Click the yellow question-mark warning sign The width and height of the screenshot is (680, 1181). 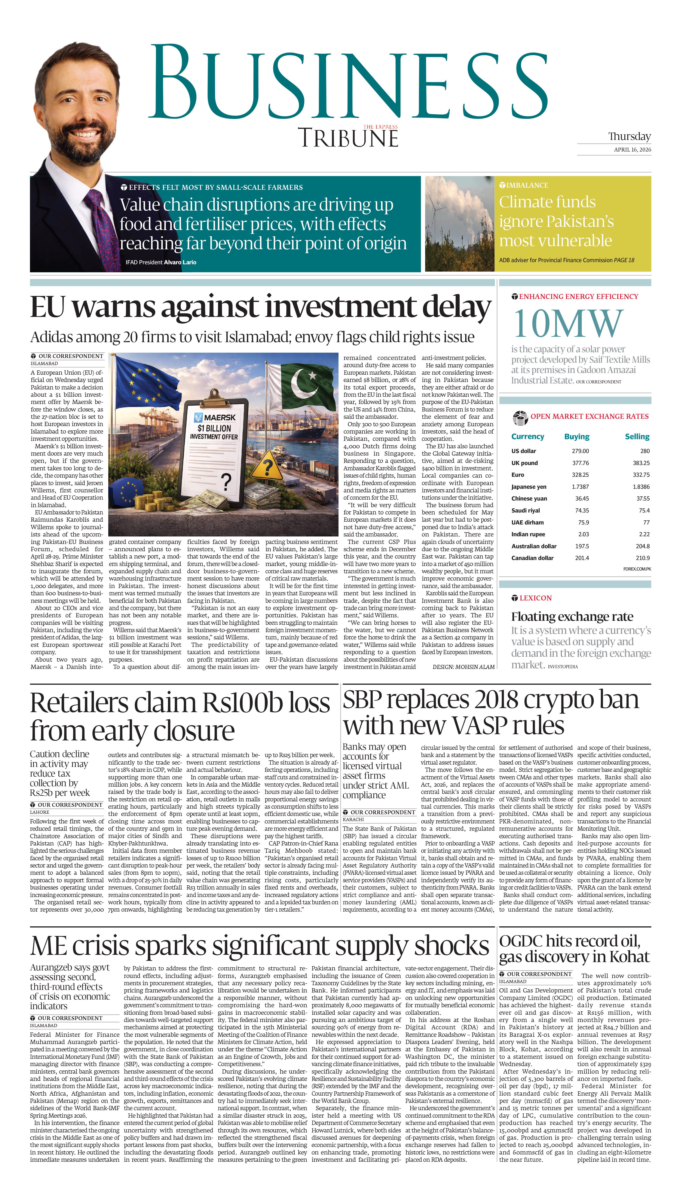(x=267, y=467)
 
